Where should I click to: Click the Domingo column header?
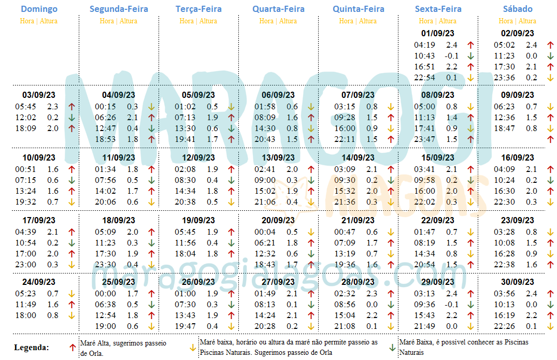pyautogui.click(x=39, y=9)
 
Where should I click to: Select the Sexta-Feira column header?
pyautogui.click(x=438, y=9)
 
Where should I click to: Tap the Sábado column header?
pyautogui.click(x=517, y=9)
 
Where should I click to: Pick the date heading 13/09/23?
pyautogui.click(x=278, y=157)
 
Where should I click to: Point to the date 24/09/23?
pyautogui.click(x=39, y=282)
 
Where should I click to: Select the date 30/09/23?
pyautogui.click(x=517, y=282)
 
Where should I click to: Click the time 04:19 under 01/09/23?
pyautogui.click(x=424, y=45)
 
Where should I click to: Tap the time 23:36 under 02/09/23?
pyautogui.click(x=504, y=78)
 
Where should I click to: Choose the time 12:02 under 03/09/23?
pyautogui.click(x=25, y=118)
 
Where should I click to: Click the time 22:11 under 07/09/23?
pyautogui.click(x=344, y=139)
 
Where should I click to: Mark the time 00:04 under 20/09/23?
pyautogui.click(x=265, y=232)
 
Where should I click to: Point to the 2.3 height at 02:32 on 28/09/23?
pyautogui.click(x=372, y=294)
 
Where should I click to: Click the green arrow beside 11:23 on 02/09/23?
pyautogui.click(x=551, y=56)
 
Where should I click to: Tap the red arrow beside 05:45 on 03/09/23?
pyautogui.click(x=72, y=107)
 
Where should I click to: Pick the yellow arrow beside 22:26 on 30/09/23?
pyautogui.click(x=551, y=326)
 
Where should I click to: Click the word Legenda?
pyautogui.click(x=31, y=348)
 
